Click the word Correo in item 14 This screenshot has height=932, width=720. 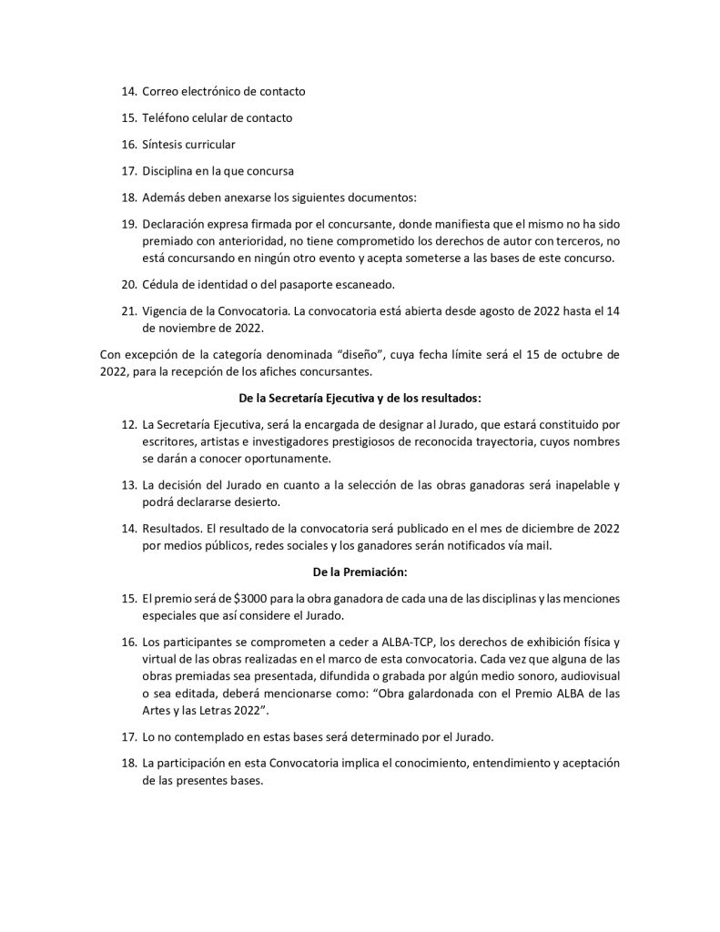[164, 92]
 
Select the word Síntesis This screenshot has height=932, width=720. [166, 145]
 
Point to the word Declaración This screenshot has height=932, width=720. [177, 224]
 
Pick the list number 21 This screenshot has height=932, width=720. [128, 311]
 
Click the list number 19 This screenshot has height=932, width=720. [128, 224]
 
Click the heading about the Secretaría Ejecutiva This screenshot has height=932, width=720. [360, 397]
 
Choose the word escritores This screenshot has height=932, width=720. [170, 441]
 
